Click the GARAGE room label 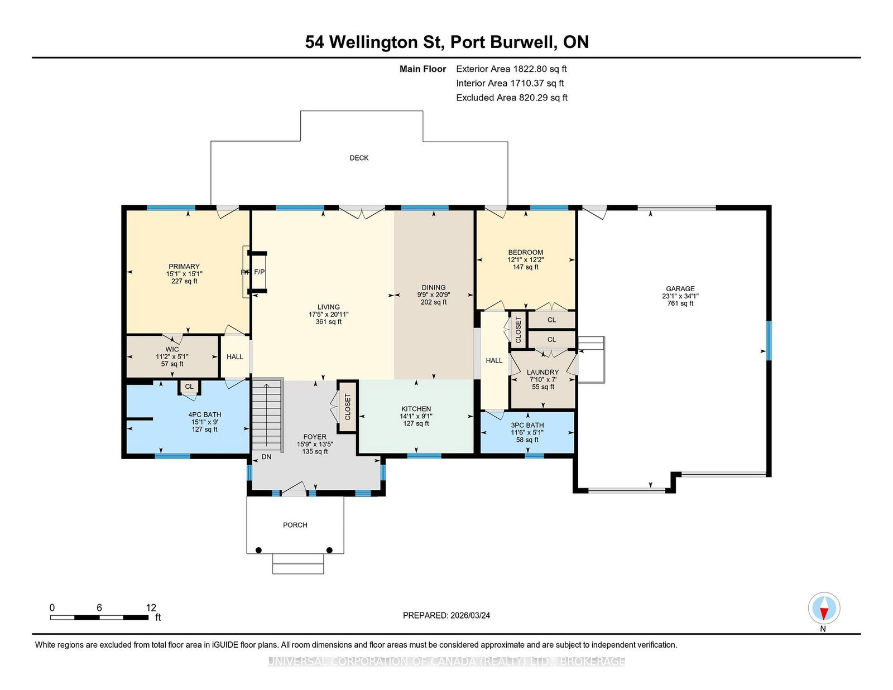tap(680, 289)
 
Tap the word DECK tap(359, 158)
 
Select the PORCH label tap(295, 525)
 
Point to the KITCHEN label tap(416, 409)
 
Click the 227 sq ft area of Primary tap(184, 281)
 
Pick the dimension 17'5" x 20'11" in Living tap(328, 314)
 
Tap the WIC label tap(172, 349)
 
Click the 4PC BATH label tap(205, 414)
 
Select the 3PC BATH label tap(527, 425)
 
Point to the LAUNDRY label tap(543, 372)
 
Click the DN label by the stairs tap(266, 456)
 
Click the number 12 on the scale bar tap(151, 607)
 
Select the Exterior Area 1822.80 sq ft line tap(511, 69)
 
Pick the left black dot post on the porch tap(258, 550)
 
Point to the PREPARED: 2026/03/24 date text tap(446, 615)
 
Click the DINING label tap(433, 287)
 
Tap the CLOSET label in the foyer tap(348, 407)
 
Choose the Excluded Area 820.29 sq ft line tap(512, 98)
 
